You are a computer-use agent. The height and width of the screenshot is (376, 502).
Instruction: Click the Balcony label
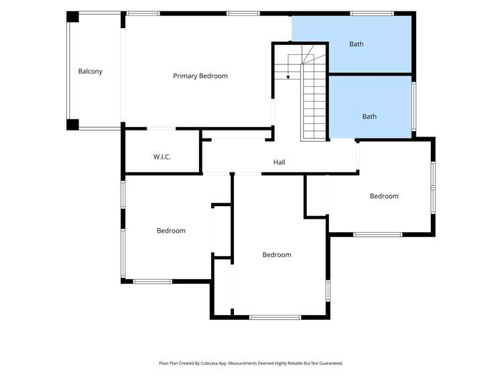(x=90, y=71)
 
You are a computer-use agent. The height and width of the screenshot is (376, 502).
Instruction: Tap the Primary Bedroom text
(x=200, y=76)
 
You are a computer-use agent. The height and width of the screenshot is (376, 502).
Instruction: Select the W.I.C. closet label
(x=162, y=157)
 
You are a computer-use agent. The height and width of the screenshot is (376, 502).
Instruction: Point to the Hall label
(x=279, y=163)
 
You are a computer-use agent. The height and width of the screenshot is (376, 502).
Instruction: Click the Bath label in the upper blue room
(x=357, y=44)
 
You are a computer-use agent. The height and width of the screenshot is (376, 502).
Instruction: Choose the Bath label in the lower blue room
(x=369, y=116)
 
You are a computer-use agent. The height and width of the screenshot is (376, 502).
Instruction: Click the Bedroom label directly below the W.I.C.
(x=171, y=231)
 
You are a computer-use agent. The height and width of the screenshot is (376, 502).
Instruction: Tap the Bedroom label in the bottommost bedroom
(x=277, y=255)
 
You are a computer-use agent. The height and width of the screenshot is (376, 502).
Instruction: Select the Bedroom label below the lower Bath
(x=384, y=196)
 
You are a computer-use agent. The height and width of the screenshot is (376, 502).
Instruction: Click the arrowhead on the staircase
(x=288, y=77)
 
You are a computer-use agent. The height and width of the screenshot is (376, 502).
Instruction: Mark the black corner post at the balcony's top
(x=72, y=17)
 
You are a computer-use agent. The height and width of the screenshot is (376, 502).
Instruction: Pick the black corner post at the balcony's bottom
(x=72, y=124)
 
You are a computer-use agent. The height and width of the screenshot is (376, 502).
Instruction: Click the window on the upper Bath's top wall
(x=372, y=13)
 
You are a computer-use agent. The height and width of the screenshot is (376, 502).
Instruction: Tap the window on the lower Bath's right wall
(x=414, y=106)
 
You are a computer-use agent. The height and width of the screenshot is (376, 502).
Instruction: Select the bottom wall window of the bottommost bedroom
(x=275, y=317)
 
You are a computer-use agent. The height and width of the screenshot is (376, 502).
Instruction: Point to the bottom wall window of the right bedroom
(x=378, y=234)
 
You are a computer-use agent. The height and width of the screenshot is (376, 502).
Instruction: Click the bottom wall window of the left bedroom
(x=153, y=282)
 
